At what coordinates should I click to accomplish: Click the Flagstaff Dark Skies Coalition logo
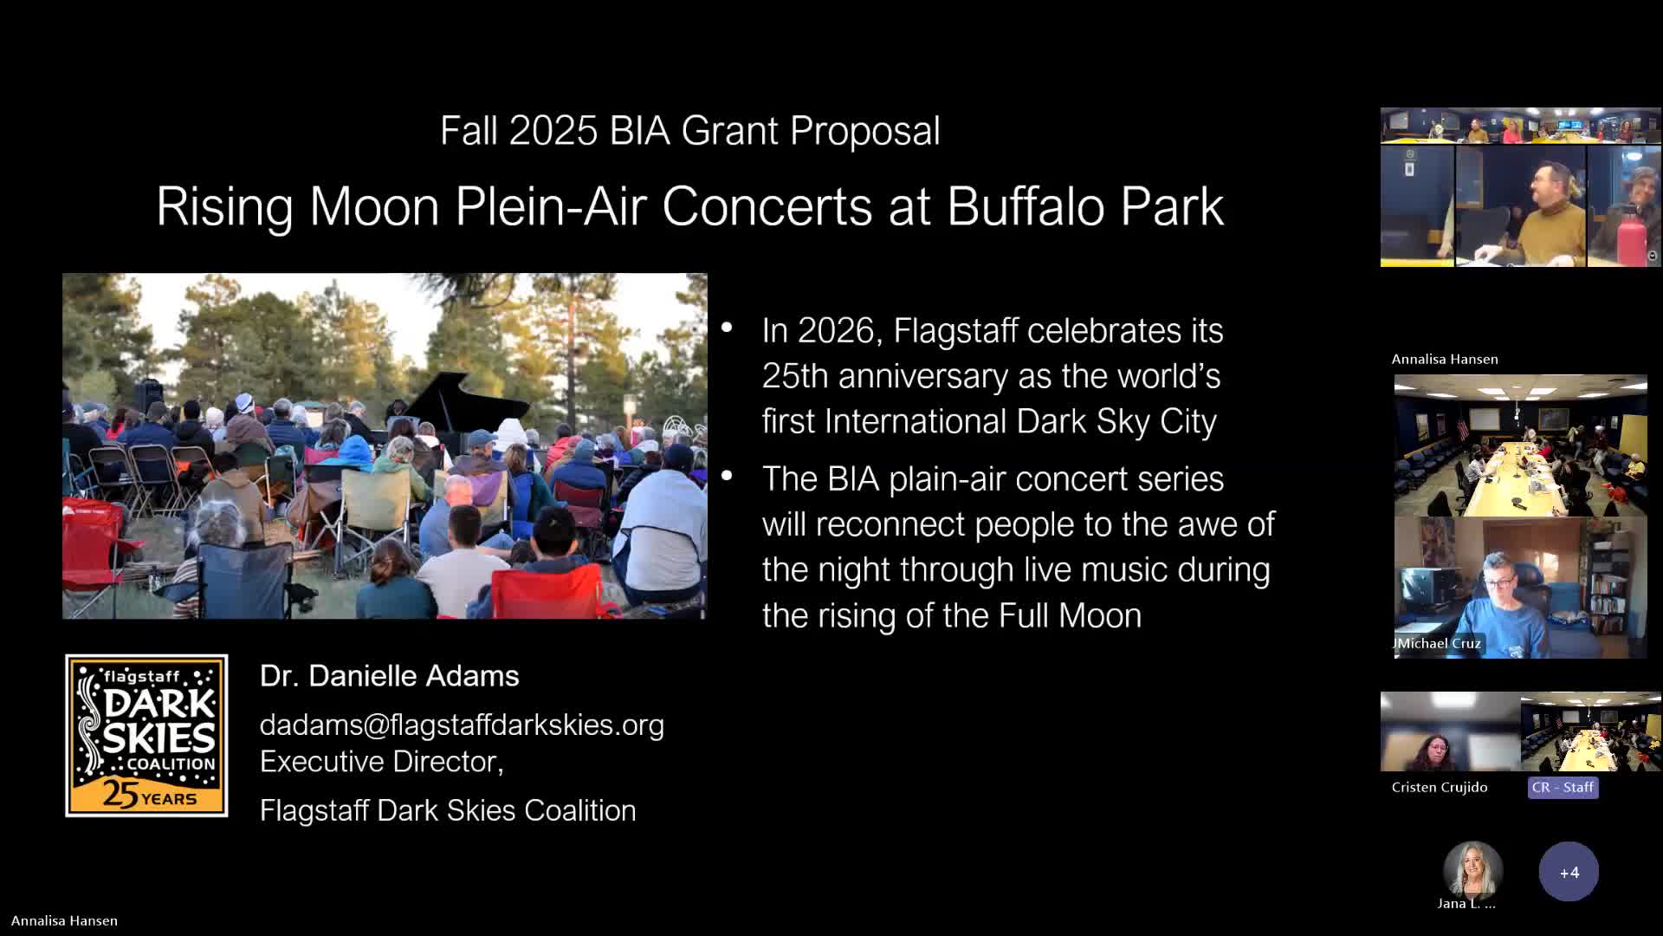(146, 735)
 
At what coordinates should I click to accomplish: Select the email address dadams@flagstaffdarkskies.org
(462, 725)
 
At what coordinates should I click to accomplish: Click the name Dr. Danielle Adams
(389, 676)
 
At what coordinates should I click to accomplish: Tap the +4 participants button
(1569, 872)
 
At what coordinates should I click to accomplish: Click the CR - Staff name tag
(1563, 787)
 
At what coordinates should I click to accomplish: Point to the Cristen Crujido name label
(1439, 787)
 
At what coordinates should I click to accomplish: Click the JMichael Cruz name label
(1438, 643)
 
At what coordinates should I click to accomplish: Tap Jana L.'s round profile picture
(1472, 870)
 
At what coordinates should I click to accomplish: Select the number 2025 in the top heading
(553, 131)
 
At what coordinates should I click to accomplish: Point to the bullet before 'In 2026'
(727, 328)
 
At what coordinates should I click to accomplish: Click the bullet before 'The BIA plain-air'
(727, 475)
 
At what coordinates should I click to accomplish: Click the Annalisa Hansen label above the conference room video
(1445, 359)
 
